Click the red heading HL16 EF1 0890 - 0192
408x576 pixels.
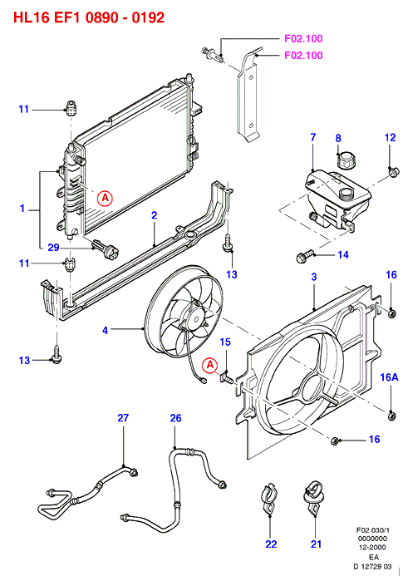(x=89, y=17)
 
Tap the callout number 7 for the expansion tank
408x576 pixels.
(x=313, y=137)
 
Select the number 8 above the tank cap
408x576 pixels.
(x=338, y=138)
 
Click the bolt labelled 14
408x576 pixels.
(x=305, y=256)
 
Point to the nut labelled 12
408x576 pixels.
(x=394, y=171)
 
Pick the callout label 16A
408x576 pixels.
(x=389, y=377)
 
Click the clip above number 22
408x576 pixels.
(x=268, y=499)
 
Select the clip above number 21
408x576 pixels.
(x=313, y=497)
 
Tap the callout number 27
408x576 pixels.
(x=123, y=418)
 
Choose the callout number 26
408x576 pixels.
(x=176, y=418)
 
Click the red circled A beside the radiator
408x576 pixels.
(x=105, y=198)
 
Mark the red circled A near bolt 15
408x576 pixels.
(x=210, y=365)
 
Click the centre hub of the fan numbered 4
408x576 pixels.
(x=195, y=317)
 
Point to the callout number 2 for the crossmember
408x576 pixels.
(x=155, y=215)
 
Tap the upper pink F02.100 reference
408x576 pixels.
(x=303, y=38)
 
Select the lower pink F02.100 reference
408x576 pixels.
(x=303, y=56)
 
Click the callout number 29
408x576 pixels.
(x=54, y=247)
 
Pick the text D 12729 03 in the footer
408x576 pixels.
(x=372, y=567)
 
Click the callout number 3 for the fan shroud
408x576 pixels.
(x=314, y=277)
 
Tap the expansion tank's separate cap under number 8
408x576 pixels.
(x=346, y=160)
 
